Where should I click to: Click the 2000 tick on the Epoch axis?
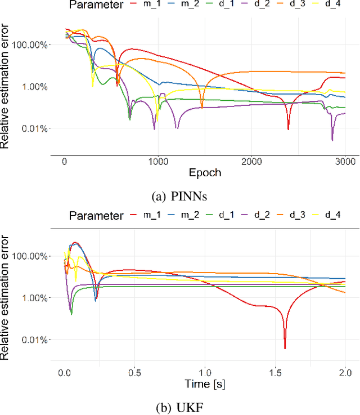(251, 162)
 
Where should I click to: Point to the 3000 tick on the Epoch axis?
(345, 162)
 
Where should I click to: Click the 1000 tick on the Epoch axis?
(158, 162)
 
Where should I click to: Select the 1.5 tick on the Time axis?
(275, 373)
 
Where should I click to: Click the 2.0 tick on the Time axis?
(345, 373)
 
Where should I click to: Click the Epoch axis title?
(205, 173)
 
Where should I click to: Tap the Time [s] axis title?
(205, 384)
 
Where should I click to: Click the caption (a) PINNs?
(180, 197)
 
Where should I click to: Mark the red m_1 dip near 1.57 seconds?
(285, 348)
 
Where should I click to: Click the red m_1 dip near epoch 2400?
(288, 129)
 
